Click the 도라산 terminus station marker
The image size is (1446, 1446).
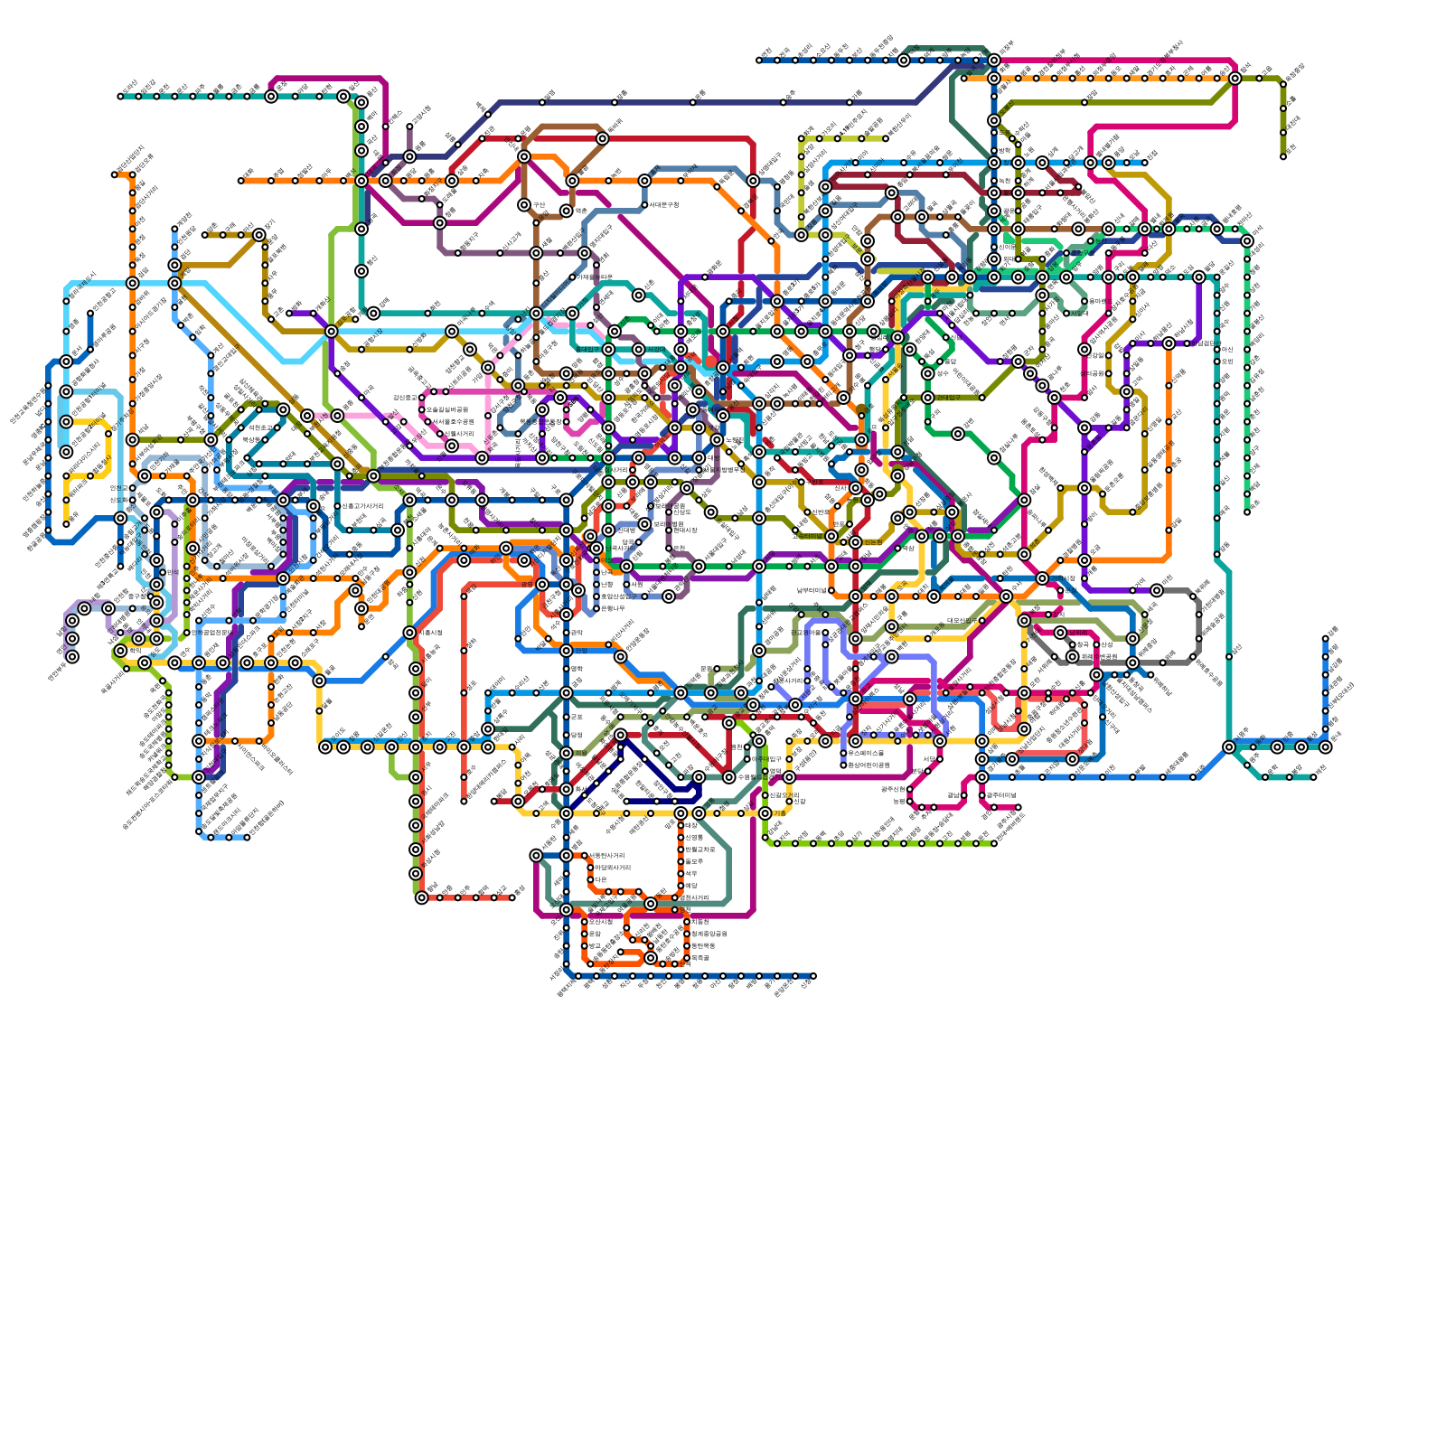[x=120, y=97]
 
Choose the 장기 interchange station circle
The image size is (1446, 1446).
[x=259, y=235]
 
